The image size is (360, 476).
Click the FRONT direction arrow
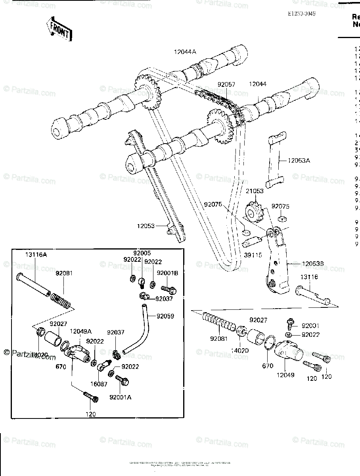(x=59, y=29)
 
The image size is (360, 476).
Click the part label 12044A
(x=185, y=51)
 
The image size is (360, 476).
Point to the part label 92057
(x=226, y=84)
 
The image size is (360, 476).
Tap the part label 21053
(x=254, y=191)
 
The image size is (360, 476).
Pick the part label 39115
(x=253, y=255)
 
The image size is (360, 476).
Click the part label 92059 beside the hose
(x=165, y=316)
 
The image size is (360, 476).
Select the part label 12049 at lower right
(x=286, y=374)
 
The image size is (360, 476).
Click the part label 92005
(x=142, y=253)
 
